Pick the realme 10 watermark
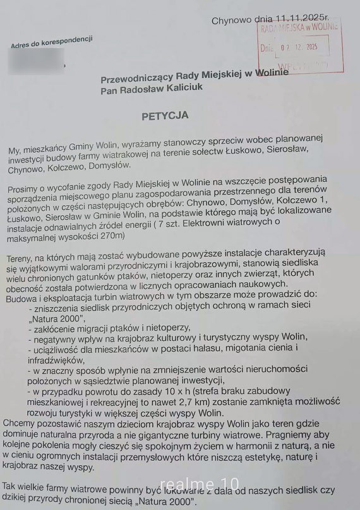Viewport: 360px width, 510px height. pyautogui.click(x=186, y=483)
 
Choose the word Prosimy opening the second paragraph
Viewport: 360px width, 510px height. pyautogui.click(x=27, y=189)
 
